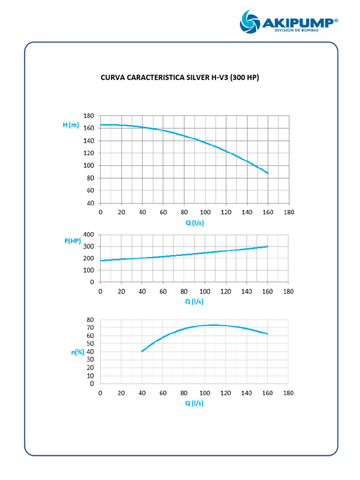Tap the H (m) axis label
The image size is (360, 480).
71,125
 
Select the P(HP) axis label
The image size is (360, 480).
73,241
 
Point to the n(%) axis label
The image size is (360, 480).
78,352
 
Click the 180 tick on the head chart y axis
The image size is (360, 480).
89,116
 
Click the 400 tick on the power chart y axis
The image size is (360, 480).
89,234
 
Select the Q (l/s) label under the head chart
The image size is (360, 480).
195,223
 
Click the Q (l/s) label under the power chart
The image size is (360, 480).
195,301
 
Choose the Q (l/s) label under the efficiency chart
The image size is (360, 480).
195,403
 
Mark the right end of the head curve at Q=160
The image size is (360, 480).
268,173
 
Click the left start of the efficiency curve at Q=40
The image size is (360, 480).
142,351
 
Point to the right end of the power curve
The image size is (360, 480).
267,247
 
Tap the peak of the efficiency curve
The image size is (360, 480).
213,325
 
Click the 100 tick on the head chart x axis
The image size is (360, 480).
205,212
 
